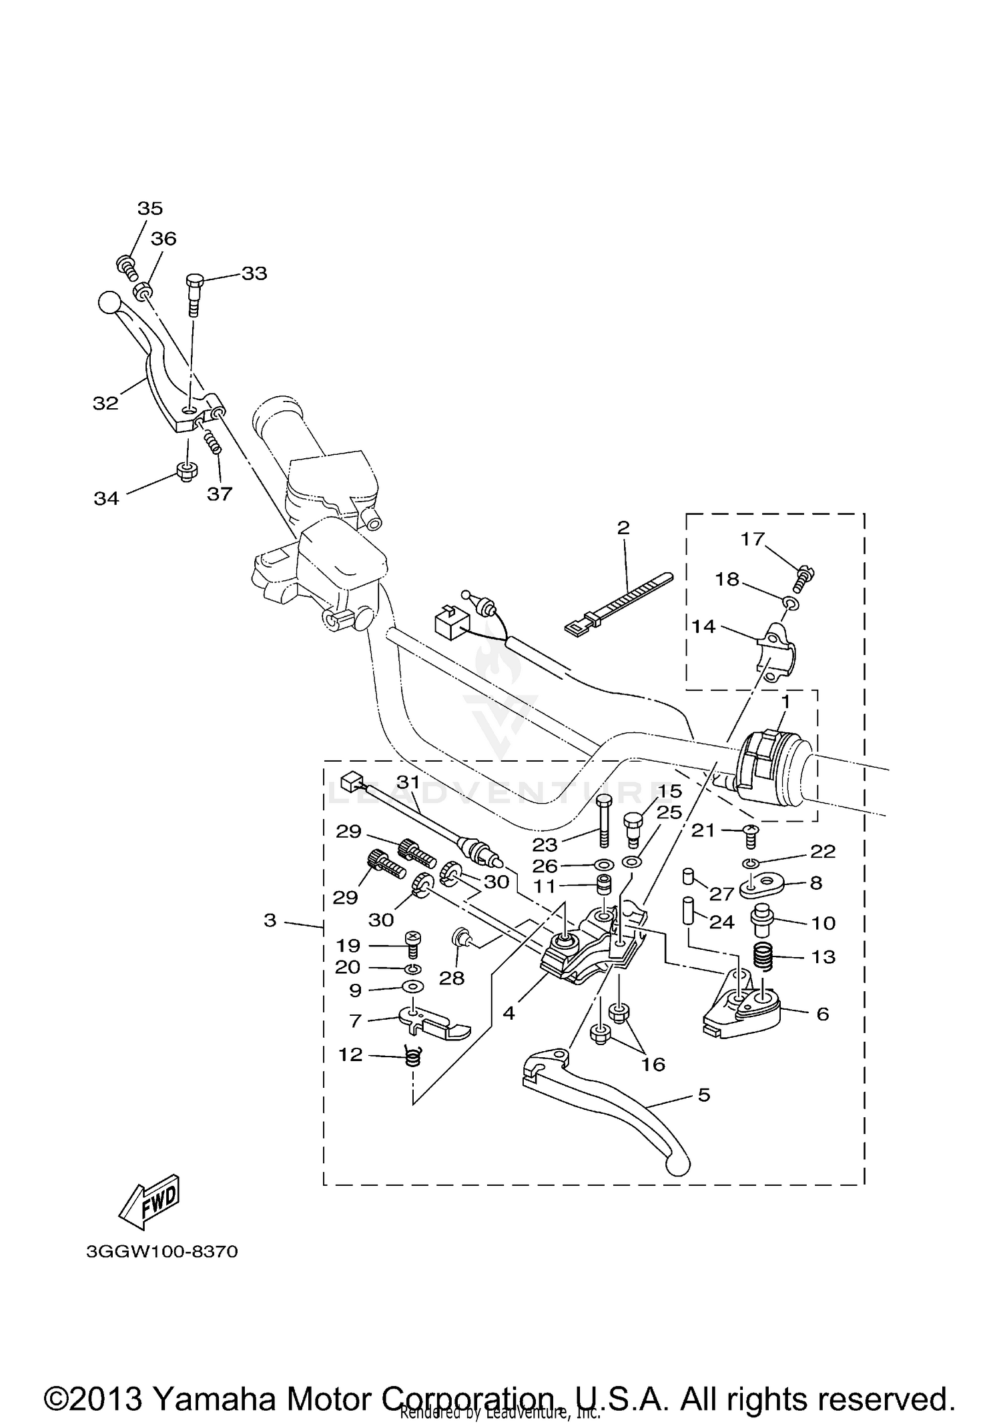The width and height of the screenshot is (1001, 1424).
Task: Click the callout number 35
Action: coord(150,208)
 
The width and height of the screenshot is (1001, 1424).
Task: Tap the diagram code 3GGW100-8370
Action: coord(161,1251)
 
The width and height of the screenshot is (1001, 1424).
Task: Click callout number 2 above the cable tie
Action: coord(623,528)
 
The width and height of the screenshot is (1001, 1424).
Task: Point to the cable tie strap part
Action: coord(617,605)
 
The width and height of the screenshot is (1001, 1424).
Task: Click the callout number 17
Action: coord(752,539)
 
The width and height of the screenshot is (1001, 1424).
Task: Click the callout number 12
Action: coord(351,1054)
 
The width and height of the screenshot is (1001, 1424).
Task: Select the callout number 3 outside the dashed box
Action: coord(270,920)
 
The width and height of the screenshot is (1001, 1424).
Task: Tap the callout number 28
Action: coord(452,978)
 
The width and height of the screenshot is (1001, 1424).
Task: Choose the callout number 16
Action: coord(653,1064)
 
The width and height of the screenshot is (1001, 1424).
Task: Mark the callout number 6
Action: coord(822,1014)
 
